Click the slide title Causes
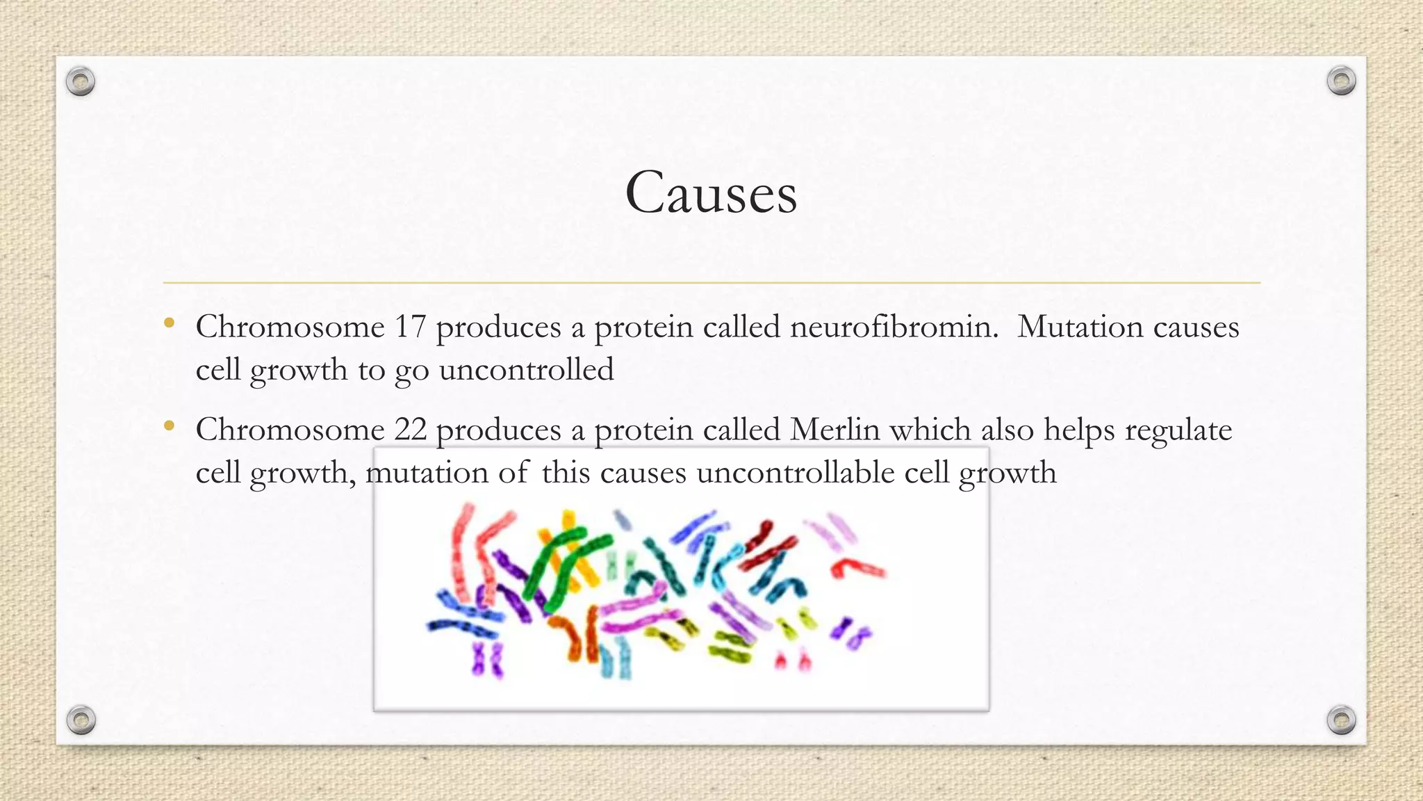[711, 193]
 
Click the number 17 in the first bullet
[410, 327]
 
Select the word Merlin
[835, 430]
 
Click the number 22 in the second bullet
[410, 430]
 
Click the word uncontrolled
[527, 370]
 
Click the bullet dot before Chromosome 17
[169, 323]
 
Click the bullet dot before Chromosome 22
[169, 426]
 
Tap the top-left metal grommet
[81, 82]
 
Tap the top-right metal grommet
[1341, 81]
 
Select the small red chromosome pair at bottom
[793, 658]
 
